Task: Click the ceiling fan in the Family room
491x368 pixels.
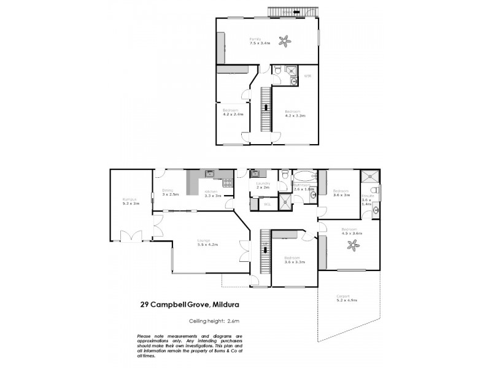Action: pos(284,41)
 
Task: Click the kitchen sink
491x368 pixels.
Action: pos(210,174)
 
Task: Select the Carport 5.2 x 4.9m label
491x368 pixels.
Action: pos(347,297)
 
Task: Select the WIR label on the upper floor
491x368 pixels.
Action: pos(308,75)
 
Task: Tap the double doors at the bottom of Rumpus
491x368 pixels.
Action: pos(131,235)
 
